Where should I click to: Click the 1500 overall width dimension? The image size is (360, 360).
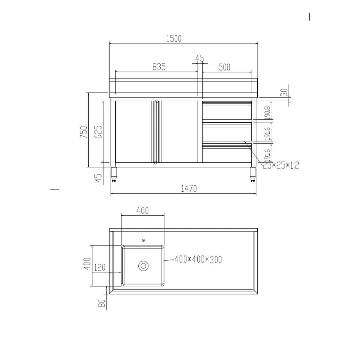pyautogui.click(x=174, y=38)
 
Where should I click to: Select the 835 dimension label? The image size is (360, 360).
pyautogui.click(x=159, y=67)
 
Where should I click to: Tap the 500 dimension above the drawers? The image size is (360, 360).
pyautogui.click(x=224, y=67)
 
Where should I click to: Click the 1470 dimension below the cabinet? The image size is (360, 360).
pyautogui.click(x=188, y=188)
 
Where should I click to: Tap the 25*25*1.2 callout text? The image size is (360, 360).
pyautogui.click(x=280, y=165)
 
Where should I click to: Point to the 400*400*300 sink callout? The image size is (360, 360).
pyautogui.click(x=198, y=260)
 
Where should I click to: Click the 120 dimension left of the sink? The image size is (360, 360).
pyautogui.click(x=99, y=268)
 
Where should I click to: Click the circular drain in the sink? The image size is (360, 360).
pyautogui.click(x=143, y=266)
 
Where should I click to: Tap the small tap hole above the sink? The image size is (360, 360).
pyautogui.click(x=143, y=240)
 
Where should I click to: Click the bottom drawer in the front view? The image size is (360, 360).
pyautogui.click(x=227, y=155)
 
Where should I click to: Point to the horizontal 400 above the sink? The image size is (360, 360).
pyautogui.click(x=142, y=210)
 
